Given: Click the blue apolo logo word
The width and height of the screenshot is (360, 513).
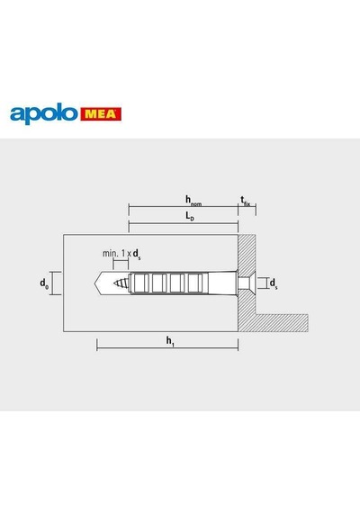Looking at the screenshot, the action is pyautogui.click(x=44, y=113).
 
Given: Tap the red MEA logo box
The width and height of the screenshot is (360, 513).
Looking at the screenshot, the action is pyautogui.click(x=101, y=114).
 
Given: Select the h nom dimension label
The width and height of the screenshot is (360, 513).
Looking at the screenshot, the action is pyautogui.click(x=193, y=200).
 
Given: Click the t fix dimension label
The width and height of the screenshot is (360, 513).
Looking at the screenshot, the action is pyautogui.click(x=246, y=201).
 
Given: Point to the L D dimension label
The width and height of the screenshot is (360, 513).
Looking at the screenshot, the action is pyautogui.click(x=190, y=216).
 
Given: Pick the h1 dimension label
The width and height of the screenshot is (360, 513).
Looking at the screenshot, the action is pyautogui.click(x=170, y=341).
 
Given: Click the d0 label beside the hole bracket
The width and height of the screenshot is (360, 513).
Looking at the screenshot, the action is pyautogui.click(x=44, y=283).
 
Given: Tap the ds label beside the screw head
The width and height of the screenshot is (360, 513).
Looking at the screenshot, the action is pyautogui.click(x=274, y=283).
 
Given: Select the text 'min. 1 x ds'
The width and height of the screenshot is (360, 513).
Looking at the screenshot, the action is pyautogui.click(x=121, y=254).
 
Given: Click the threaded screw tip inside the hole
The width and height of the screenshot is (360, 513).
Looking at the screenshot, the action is pyautogui.click(x=121, y=283).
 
